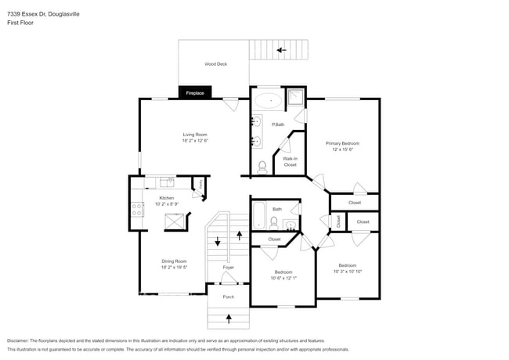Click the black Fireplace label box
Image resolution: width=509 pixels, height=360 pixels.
[194, 93]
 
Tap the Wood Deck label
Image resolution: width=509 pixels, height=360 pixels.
[215, 64]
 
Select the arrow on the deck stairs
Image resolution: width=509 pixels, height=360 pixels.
[280, 50]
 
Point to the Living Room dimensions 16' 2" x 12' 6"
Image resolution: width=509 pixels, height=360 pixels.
[195, 141]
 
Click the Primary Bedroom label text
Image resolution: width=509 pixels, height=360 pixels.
[342, 143]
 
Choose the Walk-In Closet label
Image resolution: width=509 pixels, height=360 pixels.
[290, 162]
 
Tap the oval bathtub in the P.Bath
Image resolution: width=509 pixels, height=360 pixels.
[270, 101]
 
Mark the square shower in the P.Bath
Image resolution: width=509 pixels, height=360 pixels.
[295, 99]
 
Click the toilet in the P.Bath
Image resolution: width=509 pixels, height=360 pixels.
[262, 166]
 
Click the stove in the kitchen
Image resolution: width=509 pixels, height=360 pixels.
[137, 209]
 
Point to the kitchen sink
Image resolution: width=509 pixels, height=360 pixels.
[166, 182]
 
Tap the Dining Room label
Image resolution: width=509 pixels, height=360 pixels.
[174, 261]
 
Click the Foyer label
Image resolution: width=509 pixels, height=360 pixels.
[228, 268]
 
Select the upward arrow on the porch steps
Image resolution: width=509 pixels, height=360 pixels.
[229, 318]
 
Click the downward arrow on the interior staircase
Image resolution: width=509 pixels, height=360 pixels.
[218, 243]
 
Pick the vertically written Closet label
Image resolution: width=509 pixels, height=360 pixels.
[339, 221]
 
